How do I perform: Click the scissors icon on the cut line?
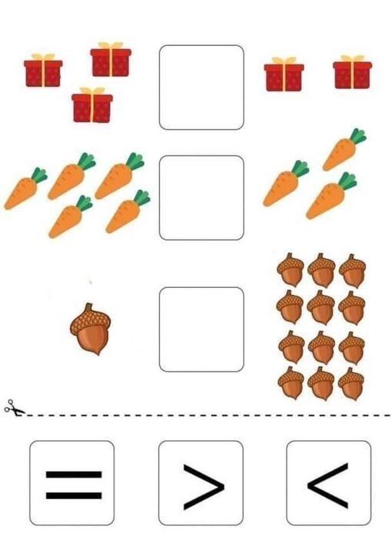(x=14, y=408)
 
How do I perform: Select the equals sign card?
(x=72, y=483)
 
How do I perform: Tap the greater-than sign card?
(x=201, y=483)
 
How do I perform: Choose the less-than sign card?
(x=329, y=483)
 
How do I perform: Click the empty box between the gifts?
(x=201, y=88)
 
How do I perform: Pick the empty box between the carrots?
(x=201, y=197)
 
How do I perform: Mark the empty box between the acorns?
(x=201, y=329)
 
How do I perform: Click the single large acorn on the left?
(x=91, y=329)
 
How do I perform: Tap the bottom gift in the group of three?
(x=92, y=105)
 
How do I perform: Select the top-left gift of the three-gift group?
(x=43, y=71)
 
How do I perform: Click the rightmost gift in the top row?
(x=353, y=72)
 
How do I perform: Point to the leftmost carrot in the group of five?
(x=25, y=189)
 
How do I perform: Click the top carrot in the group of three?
(x=344, y=150)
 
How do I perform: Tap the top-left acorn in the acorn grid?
(x=290, y=270)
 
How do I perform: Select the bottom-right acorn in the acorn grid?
(x=351, y=384)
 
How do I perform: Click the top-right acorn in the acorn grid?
(x=352, y=270)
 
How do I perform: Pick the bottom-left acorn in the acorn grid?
(x=291, y=383)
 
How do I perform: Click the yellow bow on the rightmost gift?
(x=353, y=59)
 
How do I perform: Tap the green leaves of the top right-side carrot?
(x=358, y=136)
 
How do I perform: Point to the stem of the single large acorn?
(x=88, y=307)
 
